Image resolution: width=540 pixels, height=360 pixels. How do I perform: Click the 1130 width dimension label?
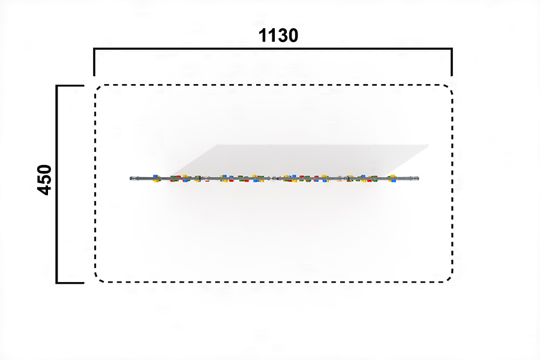[278, 35]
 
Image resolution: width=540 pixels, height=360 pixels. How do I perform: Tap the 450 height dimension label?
[44, 180]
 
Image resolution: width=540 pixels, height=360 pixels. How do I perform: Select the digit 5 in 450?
[44, 180]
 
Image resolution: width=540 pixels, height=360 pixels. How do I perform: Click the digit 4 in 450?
[44, 191]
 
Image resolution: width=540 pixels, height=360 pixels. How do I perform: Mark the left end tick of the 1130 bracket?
[94, 62]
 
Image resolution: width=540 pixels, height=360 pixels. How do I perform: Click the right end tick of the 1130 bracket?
[452, 62]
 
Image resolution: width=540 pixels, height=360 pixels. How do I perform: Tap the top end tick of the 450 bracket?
[70, 85]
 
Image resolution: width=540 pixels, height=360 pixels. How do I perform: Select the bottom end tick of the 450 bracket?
[70, 283]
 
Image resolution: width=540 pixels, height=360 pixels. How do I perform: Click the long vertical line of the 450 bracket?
[57, 184]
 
